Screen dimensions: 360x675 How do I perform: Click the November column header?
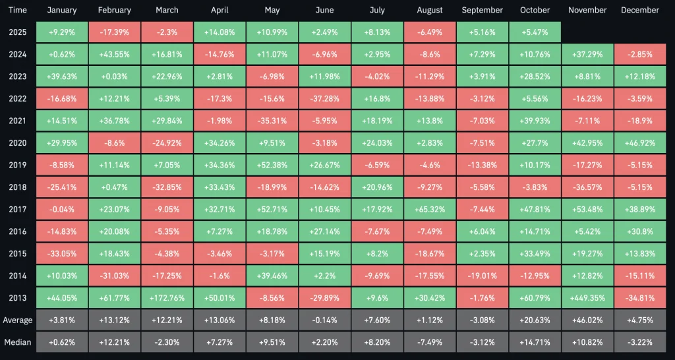point(587,10)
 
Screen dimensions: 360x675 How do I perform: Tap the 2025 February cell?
point(114,32)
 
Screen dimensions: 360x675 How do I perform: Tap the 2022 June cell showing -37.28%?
point(324,98)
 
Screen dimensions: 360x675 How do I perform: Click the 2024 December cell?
point(639,54)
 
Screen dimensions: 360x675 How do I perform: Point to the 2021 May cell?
point(272,121)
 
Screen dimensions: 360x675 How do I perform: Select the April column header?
point(220,10)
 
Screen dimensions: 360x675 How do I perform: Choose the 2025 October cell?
point(535,32)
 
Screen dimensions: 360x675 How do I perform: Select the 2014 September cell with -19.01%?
point(483,275)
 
